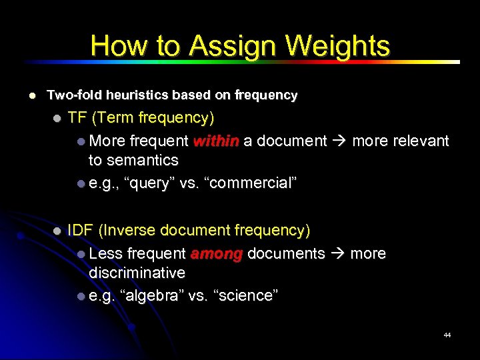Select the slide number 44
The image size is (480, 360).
pos(447,335)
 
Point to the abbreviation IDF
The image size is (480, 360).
pos(80,231)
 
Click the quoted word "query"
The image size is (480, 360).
pos(151,183)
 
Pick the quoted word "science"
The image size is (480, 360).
pos(243,296)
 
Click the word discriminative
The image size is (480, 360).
pos(137,273)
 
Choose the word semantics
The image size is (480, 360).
pos(144,161)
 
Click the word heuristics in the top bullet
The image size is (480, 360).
pos(127,95)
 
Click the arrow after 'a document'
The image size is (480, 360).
pos(339,141)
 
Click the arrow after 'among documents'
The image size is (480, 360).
pos(337,254)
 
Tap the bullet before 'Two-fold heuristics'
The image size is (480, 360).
pos(31,96)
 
